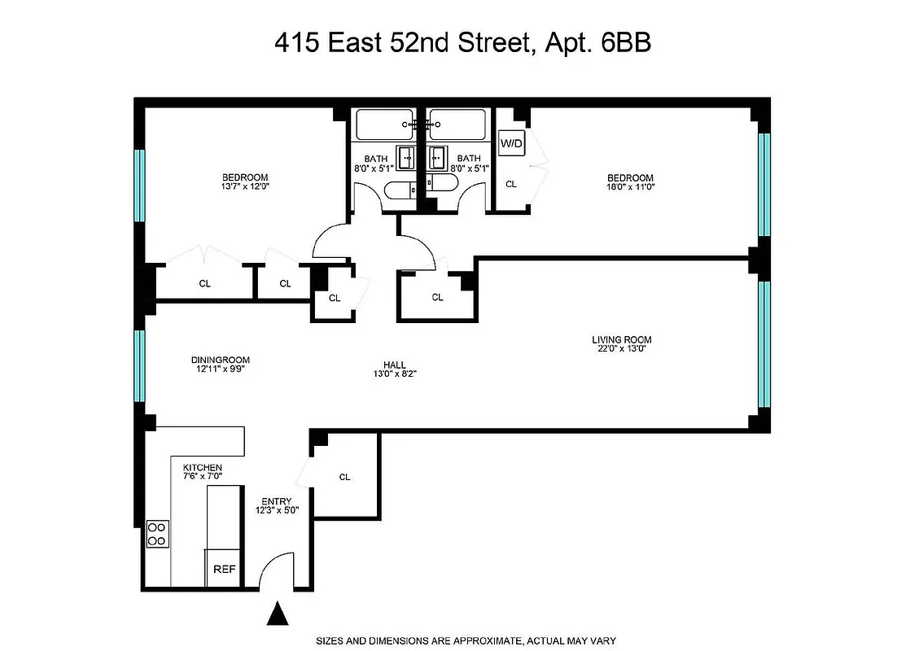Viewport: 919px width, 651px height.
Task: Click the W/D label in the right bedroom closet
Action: coord(512,144)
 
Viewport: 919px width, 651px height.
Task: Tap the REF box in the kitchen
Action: coord(224,570)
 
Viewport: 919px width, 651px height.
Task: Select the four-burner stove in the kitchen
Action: coord(156,534)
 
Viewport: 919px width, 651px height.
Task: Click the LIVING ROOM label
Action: coord(621,340)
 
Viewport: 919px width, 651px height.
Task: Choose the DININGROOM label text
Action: coord(220,360)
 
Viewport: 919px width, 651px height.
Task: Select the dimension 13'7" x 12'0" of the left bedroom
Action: coord(245,186)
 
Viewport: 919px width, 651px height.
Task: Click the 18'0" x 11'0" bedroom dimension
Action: coord(630,186)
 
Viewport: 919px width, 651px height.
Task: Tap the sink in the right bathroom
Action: coord(440,155)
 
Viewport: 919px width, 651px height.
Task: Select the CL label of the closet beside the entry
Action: coord(344,477)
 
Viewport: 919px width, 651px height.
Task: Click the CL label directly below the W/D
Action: coord(511,184)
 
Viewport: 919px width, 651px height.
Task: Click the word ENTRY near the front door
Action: coord(277,501)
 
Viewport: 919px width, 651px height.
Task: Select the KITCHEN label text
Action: coord(202,467)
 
